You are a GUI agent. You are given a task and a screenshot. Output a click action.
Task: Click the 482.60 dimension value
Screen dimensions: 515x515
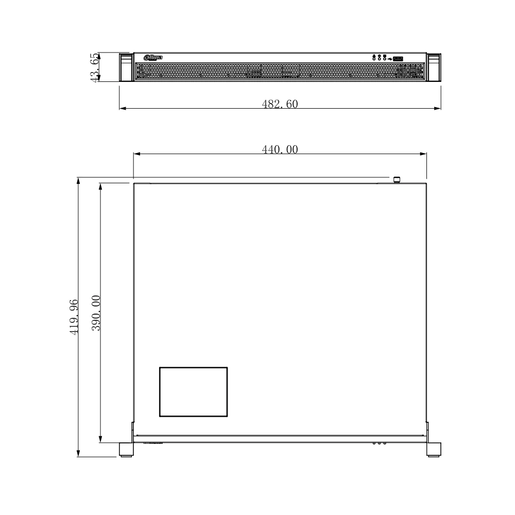pyautogui.click(x=280, y=104)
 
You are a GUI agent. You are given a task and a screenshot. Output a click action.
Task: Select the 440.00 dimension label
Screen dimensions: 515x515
pyautogui.click(x=280, y=149)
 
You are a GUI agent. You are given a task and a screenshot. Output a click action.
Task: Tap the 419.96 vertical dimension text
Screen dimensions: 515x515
pyautogui.click(x=74, y=317)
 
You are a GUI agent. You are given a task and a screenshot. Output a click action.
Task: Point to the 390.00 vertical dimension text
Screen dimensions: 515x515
pyautogui.click(x=96, y=313)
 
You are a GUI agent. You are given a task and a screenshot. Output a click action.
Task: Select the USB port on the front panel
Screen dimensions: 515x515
pyautogui.click(x=398, y=58)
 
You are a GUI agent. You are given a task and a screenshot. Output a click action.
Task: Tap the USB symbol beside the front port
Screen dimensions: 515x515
pyautogui.click(x=390, y=58)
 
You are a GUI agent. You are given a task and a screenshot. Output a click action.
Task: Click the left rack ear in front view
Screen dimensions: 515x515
pyautogui.click(x=126, y=67)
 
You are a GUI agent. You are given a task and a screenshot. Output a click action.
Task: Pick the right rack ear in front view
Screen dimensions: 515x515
pyautogui.click(x=434, y=67)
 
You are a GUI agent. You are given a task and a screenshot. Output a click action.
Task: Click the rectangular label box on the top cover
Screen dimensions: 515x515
pyautogui.click(x=193, y=391)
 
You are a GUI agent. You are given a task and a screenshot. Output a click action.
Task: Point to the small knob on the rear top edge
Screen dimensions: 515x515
pyautogui.click(x=397, y=180)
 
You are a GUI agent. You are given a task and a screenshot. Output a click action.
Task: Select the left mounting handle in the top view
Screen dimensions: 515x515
pyautogui.click(x=126, y=450)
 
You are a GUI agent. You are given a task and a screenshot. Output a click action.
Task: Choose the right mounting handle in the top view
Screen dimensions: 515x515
pyautogui.click(x=434, y=450)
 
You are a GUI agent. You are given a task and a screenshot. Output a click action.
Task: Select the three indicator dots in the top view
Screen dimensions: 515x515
pyautogui.click(x=379, y=443)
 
